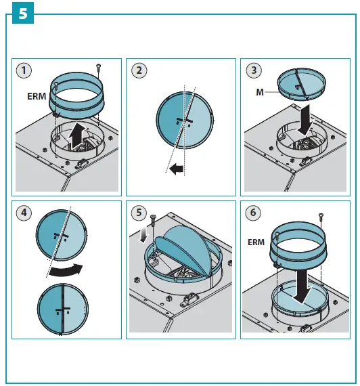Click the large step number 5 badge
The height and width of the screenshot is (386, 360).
point(23,13)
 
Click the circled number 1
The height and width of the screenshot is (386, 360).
point(24,70)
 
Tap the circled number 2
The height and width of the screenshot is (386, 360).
point(139,70)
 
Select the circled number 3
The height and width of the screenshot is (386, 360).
point(254,70)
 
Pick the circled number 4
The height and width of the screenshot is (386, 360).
point(24,213)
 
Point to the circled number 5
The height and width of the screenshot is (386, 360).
point(139,213)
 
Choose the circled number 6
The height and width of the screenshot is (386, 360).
point(253,213)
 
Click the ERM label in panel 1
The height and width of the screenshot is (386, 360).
point(37,96)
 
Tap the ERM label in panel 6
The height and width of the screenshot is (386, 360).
point(256,242)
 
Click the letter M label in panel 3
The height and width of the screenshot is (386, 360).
point(260,92)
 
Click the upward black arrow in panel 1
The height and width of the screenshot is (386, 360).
point(76,136)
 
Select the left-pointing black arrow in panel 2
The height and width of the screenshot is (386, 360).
point(177,169)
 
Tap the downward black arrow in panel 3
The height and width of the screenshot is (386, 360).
point(305,120)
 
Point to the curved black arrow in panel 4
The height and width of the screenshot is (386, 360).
point(66,270)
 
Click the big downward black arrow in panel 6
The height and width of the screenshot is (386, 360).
point(302,286)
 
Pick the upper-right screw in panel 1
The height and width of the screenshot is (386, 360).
point(98,68)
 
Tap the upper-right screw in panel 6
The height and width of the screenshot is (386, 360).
point(321,217)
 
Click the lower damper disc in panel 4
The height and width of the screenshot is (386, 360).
point(63,309)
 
